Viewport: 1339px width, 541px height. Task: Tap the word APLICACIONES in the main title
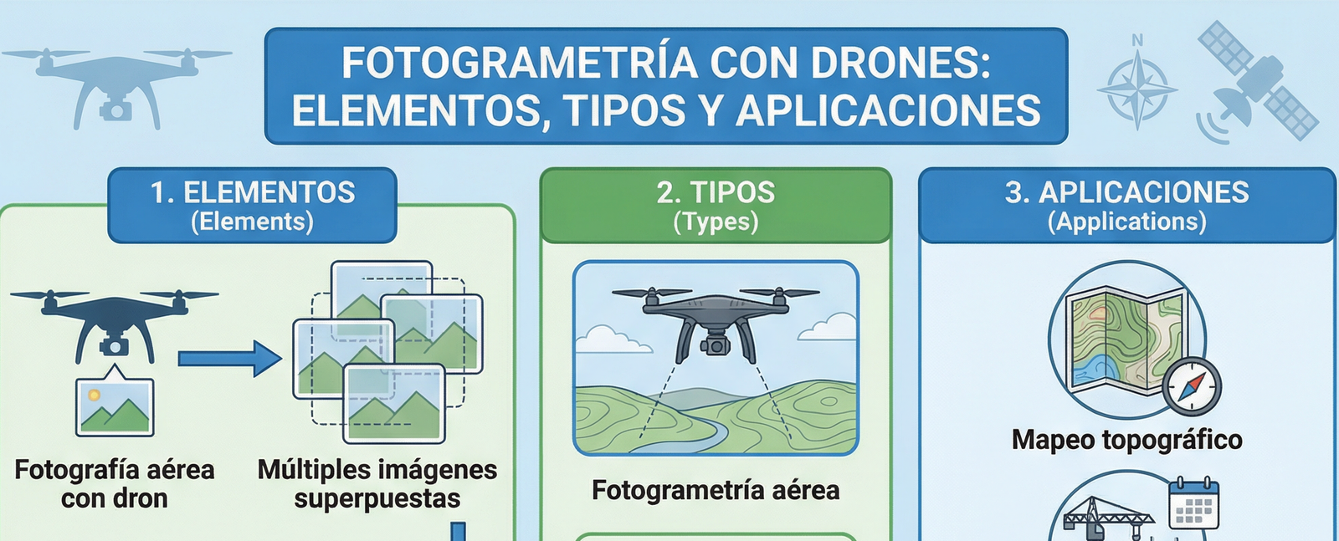(888, 111)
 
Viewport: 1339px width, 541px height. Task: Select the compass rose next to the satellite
(1136, 88)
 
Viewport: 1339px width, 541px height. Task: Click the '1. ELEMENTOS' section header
(252, 192)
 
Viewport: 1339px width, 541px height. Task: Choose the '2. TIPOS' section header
(716, 192)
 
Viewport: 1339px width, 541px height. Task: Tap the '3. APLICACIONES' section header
(1126, 192)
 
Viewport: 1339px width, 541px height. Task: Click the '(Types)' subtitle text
(716, 222)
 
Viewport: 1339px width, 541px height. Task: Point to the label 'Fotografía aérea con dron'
(115, 484)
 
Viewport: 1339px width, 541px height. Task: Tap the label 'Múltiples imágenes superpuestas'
(377, 484)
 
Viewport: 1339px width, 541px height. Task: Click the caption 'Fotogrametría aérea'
(716, 490)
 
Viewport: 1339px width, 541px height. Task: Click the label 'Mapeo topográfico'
(1126, 440)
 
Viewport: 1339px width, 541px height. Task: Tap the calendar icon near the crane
(1193, 503)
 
